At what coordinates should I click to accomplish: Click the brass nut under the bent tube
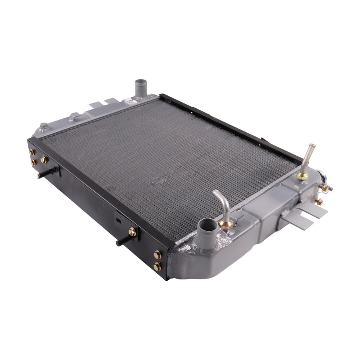(x=226, y=223)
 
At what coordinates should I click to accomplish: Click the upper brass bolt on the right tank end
(x=324, y=188)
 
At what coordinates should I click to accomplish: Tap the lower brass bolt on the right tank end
(x=319, y=202)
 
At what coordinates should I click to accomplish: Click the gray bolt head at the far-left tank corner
(x=43, y=127)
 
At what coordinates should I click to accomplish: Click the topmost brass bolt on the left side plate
(x=32, y=152)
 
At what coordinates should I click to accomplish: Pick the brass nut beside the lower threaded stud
(x=132, y=232)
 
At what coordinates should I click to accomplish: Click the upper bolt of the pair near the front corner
(x=157, y=255)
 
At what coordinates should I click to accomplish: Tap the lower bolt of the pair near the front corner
(x=157, y=266)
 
